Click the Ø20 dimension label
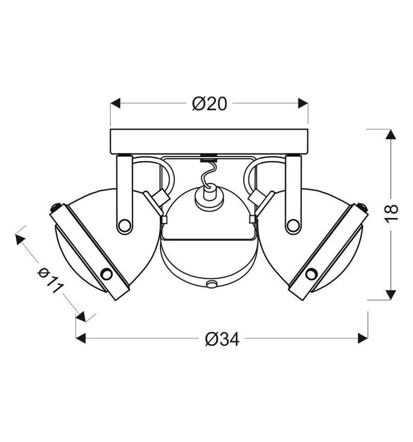click(209, 103)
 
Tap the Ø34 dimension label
click(222, 339)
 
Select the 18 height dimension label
click(392, 214)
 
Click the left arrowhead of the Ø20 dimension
click(115, 103)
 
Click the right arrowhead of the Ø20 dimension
click(303, 103)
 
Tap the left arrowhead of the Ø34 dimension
click(81, 338)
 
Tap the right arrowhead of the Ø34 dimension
click(363, 338)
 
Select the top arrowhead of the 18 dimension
click(391, 134)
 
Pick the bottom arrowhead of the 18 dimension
click(391, 295)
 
